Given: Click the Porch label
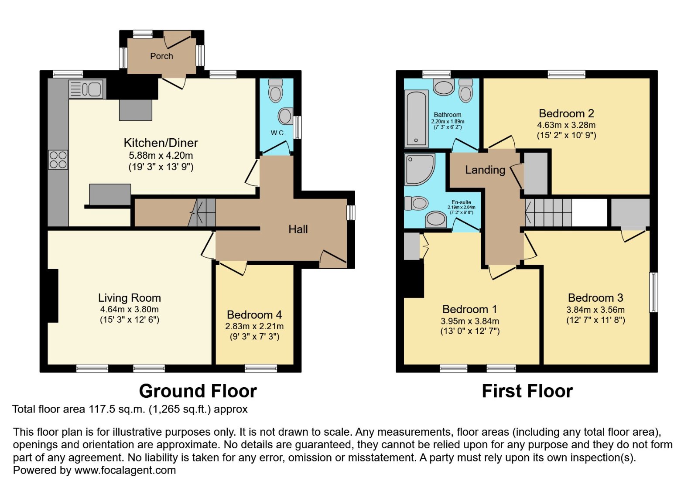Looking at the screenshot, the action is click(161, 56).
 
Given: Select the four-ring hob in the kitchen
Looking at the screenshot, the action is click(58, 160).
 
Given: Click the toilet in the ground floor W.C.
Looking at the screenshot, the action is click(275, 91).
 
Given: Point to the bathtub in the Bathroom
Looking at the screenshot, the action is click(416, 119).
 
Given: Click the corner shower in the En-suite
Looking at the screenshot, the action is click(419, 169).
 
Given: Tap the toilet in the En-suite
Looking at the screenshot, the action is click(416, 203).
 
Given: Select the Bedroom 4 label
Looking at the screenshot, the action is click(254, 315).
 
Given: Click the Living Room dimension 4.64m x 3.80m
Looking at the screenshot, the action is click(129, 310).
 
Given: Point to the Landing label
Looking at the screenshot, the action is click(485, 170).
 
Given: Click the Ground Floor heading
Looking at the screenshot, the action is click(198, 391).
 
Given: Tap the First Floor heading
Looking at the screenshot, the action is click(527, 391).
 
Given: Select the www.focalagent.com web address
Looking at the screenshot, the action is click(125, 470).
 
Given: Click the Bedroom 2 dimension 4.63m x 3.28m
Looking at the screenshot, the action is click(566, 125).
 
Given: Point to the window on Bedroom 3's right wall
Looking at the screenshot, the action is click(654, 292).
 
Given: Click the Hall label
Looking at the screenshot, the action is click(298, 229).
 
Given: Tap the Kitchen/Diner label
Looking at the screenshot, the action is click(161, 143).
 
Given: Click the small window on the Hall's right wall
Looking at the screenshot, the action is click(351, 213).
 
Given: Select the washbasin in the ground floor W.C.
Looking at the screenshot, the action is click(286, 116).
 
